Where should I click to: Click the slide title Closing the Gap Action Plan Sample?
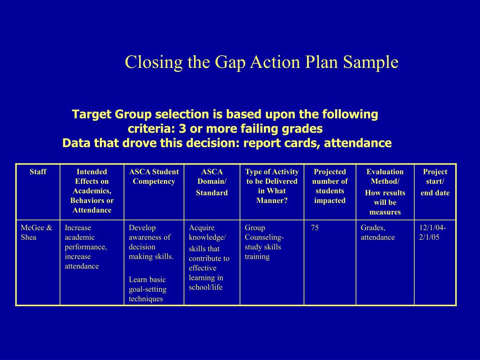pos(262,62)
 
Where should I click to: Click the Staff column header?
pos(38,172)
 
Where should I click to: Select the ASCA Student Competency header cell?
pos(154,176)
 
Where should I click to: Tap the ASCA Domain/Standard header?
pos(212,182)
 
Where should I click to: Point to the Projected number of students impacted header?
pos(330,186)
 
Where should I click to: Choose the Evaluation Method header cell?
pos(385,191)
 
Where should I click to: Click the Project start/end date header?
pos(435,182)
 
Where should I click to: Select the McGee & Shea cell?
pos(37,232)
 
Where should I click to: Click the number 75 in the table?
pos(315,228)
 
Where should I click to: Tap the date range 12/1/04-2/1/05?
pos(433,232)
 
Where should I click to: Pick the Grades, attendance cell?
pos(377,232)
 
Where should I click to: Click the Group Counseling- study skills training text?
pos(264,242)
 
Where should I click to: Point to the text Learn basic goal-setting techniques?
pos(148,289)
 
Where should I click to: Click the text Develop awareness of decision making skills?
pos(151,242)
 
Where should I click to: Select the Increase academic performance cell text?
pos(86,247)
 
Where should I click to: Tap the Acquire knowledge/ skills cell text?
pos(209,257)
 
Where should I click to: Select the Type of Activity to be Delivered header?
pos(271,186)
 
